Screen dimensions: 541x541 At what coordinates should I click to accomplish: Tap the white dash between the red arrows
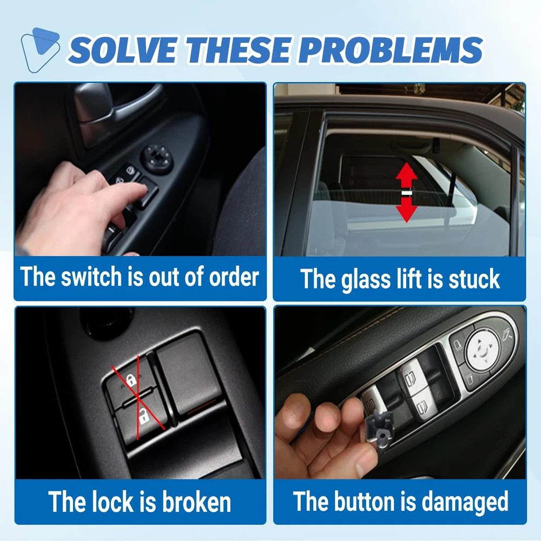407,193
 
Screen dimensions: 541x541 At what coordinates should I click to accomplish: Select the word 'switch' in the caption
91,276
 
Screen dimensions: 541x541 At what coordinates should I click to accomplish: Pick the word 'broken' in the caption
196,502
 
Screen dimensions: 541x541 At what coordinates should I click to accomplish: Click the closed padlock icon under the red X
131,380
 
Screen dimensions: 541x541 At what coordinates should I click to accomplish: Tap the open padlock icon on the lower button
143,416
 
